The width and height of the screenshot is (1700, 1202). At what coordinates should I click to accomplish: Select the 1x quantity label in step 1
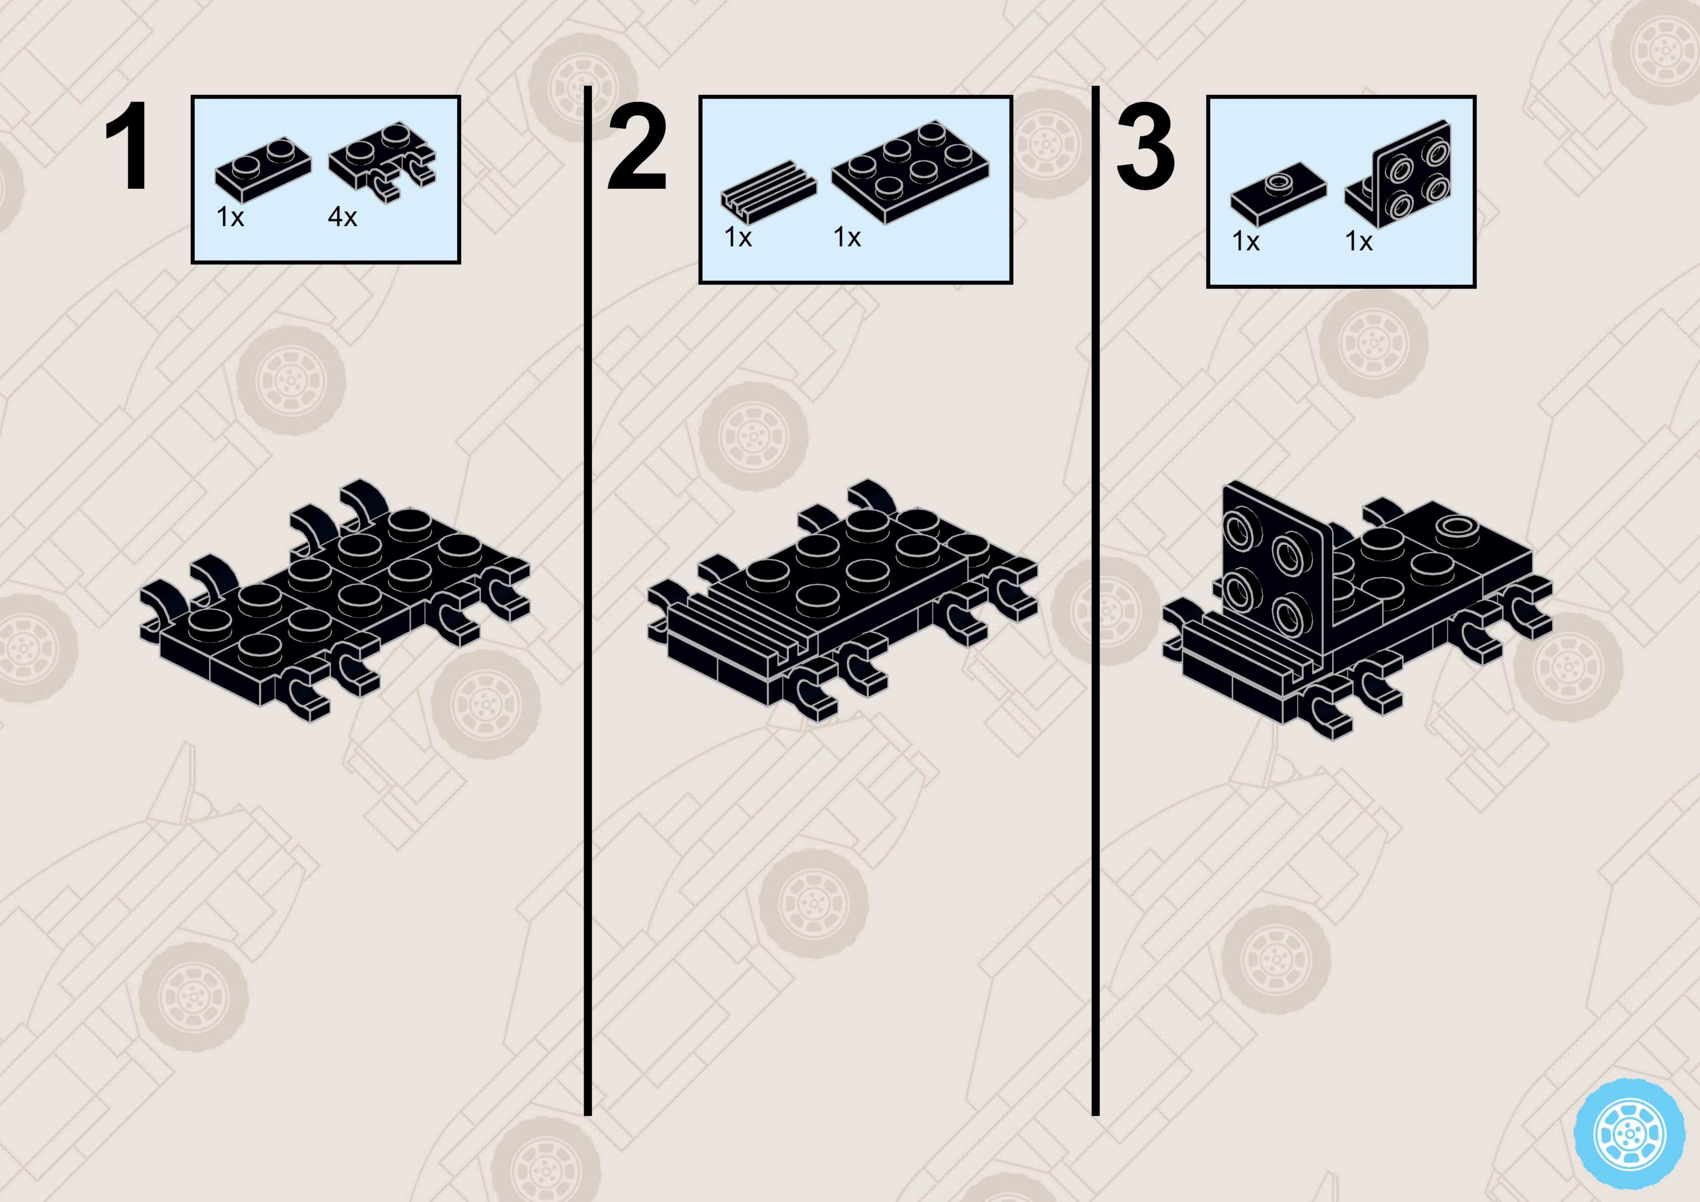coord(230,217)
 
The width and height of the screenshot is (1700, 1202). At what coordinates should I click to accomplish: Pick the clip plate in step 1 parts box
coord(383,161)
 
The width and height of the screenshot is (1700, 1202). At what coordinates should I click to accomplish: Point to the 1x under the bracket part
coord(1359,241)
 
